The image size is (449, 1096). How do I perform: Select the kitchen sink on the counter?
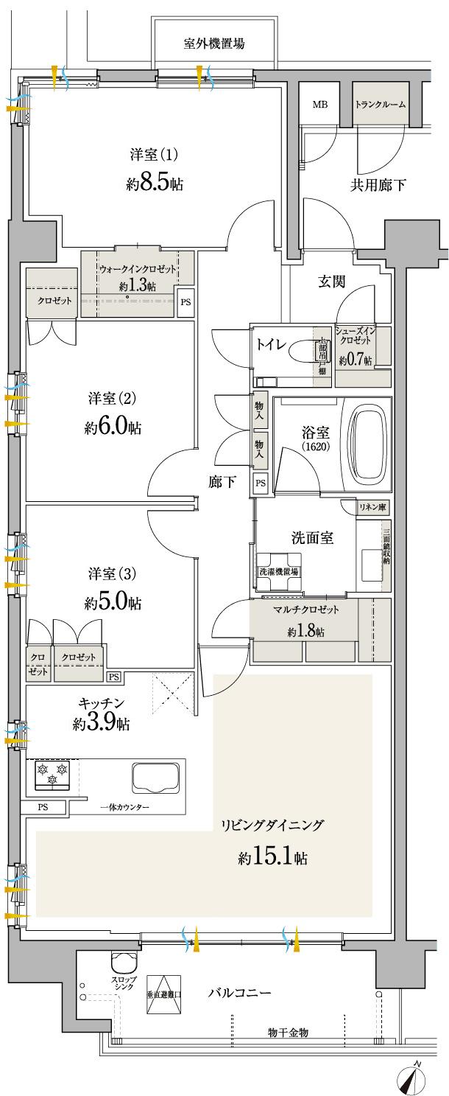pyautogui.click(x=155, y=778)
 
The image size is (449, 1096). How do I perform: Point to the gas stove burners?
pyautogui.click(x=51, y=774)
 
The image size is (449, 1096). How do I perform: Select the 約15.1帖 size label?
pyautogui.click(x=272, y=857)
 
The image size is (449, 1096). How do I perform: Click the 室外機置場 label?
pyautogui.click(x=214, y=43)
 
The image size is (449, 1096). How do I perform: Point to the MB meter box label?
pyautogui.click(x=319, y=105)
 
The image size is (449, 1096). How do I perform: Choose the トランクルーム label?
pyautogui.click(x=380, y=105)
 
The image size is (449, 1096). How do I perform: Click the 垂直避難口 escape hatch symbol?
pyautogui.click(x=164, y=993)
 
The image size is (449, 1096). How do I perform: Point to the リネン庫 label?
pyautogui.click(x=373, y=508)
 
